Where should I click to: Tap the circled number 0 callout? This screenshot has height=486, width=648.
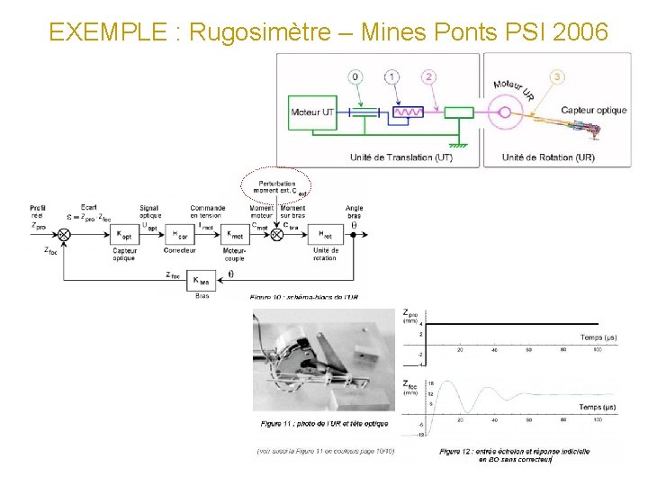(356, 77)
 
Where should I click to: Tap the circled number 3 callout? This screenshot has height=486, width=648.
(558, 77)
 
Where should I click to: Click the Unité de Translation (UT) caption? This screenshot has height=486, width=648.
(396, 157)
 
